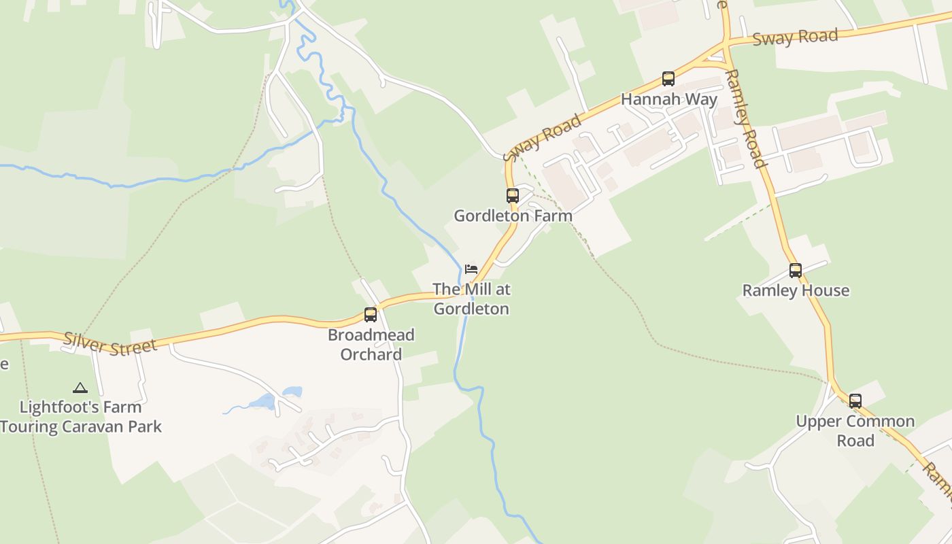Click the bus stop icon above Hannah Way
click(x=668, y=79)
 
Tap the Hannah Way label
click(x=668, y=99)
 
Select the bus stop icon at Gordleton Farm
click(x=512, y=196)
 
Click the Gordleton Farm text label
click(x=513, y=216)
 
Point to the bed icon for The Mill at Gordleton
click(x=471, y=269)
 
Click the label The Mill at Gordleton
click(x=471, y=299)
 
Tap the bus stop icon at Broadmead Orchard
click(x=371, y=315)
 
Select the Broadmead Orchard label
click(x=371, y=344)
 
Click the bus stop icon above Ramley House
click(x=795, y=271)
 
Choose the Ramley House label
click(x=796, y=290)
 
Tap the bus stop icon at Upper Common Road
click(x=855, y=401)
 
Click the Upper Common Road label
click(x=855, y=430)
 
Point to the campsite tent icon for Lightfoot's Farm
click(x=80, y=388)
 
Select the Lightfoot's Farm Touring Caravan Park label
click(x=81, y=417)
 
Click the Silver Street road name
click(x=110, y=343)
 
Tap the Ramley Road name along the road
click(x=747, y=117)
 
